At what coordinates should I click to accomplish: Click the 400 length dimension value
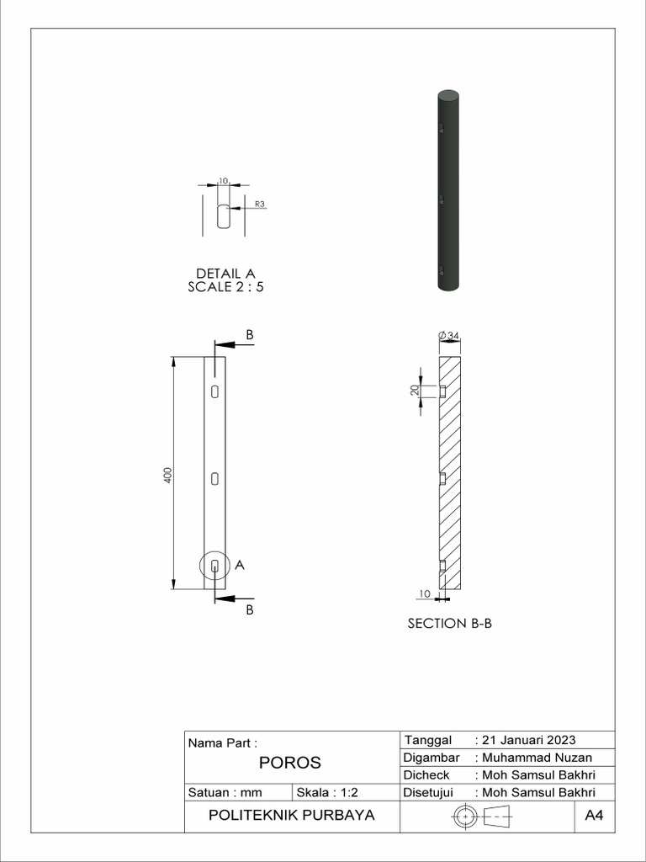tap(167, 473)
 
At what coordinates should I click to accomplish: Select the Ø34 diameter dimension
tap(449, 335)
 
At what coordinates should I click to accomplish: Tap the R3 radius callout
tap(259, 204)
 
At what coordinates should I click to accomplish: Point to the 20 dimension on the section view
tap(415, 391)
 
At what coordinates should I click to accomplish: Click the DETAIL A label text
tap(225, 274)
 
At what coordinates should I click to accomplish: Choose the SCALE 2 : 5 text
tap(225, 287)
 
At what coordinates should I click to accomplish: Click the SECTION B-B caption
tap(449, 624)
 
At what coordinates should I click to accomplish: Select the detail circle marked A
tap(215, 566)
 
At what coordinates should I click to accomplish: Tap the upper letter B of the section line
tap(250, 334)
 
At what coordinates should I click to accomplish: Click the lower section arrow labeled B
tap(227, 598)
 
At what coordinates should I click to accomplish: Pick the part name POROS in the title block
tap(289, 763)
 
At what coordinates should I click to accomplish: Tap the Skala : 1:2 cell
tap(327, 792)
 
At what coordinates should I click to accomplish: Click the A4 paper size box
tap(595, 816)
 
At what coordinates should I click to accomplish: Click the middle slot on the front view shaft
tap(215, 478)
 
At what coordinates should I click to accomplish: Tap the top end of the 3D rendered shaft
tap(449, 93)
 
